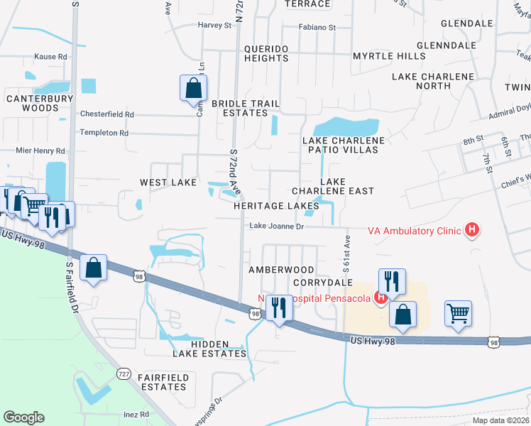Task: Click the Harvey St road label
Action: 215,26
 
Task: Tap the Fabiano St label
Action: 317,28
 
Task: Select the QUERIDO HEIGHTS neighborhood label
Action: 266,53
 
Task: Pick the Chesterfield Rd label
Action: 106,114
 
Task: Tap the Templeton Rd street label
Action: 104,133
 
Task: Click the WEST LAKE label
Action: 168,182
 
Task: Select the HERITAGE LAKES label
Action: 276,206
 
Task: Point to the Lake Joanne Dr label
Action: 276,226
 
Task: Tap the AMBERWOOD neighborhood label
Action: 281,270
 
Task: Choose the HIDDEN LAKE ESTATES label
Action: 209,353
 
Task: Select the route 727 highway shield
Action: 124,373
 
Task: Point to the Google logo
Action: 23,417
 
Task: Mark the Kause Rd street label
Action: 50,57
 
